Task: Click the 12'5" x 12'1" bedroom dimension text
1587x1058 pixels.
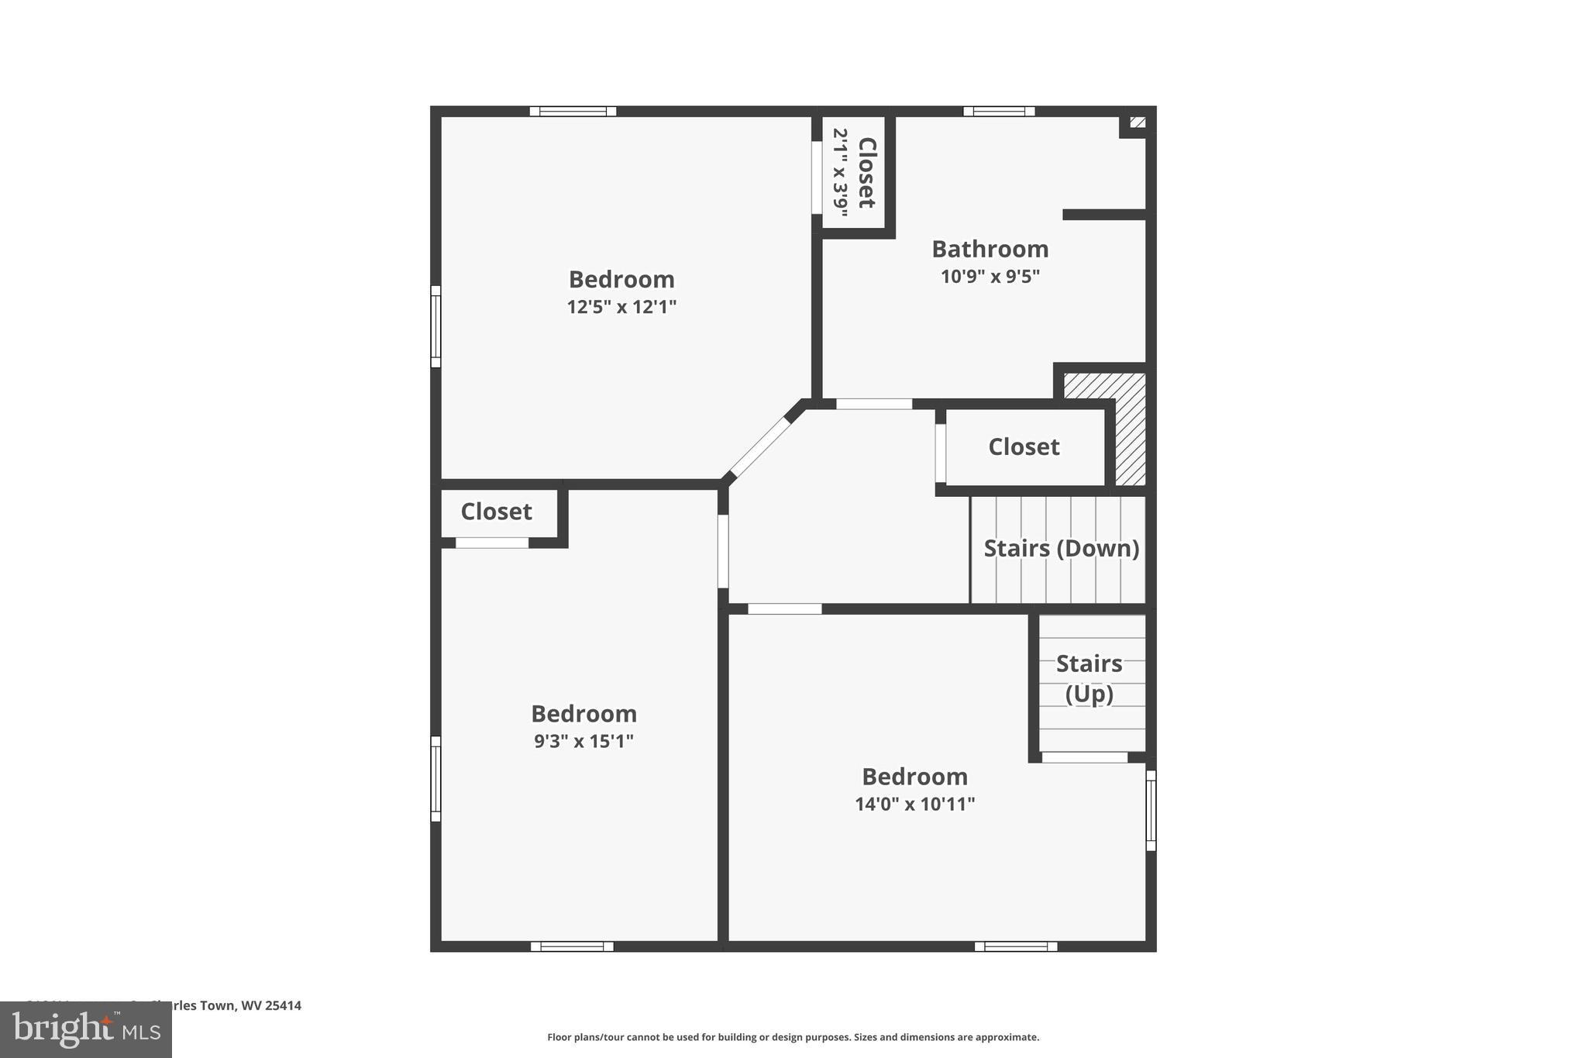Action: click(621, 307)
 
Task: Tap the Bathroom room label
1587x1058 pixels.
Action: click(990, 249)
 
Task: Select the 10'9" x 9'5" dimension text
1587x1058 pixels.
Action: click(990, 277)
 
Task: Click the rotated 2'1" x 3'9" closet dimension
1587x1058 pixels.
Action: click(841, 172)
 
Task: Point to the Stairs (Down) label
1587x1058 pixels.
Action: click(1061, 549)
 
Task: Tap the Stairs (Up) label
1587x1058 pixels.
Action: click(1089, 678)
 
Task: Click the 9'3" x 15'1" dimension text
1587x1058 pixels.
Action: click(584, 741)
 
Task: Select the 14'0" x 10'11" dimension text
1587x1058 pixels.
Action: click(914, 804)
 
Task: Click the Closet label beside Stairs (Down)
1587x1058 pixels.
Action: click(1024, 447)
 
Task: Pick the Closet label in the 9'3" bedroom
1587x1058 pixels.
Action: click(496, 512)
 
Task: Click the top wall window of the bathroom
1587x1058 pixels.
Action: click(999, 112)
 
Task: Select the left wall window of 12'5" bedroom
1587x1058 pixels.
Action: click(435, 326)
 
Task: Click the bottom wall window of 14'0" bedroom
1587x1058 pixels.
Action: click(1016, 946)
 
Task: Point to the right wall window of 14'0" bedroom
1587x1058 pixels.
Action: click(1151, 811)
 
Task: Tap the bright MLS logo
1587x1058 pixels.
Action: click(86, 1029)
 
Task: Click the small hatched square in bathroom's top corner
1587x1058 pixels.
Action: click(1138, 122)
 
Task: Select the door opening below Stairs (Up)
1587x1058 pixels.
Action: click(1084, 757)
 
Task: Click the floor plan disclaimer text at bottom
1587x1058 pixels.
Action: click(793, 1037)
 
